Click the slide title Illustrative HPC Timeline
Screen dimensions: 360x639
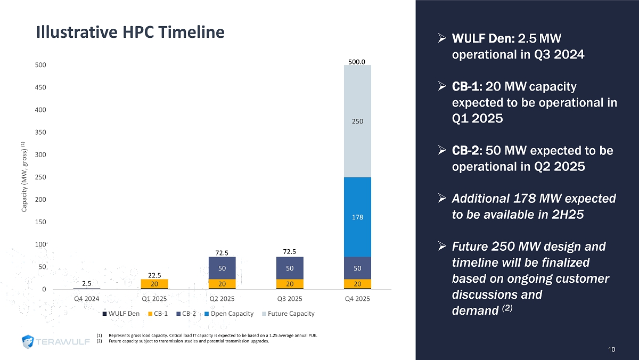[130, 32]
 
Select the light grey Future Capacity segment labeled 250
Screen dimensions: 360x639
[357, 121]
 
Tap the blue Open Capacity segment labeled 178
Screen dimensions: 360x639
[357, 217]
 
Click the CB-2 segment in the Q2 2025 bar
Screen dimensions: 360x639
[222, 268]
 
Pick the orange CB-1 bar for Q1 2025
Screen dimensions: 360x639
[154, 284]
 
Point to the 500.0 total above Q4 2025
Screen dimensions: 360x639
[357, 62]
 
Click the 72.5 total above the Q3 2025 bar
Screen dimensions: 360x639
[290, 250]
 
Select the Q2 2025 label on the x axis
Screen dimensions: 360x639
[222, 299]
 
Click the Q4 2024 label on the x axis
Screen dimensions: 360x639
[86, 299]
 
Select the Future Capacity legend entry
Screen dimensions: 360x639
[289, 314]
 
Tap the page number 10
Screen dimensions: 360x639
[611, 349]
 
